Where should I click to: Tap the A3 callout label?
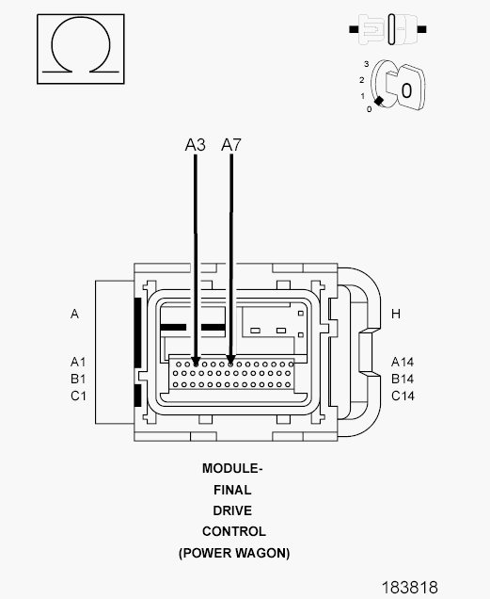click(x=195, y=145)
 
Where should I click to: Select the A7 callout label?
click(x=231, y=145)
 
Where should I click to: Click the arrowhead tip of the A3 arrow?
click(x=196, y=365)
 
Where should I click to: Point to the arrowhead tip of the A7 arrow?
click(x=230, y=364)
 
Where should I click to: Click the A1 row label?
click(x=78, y=362)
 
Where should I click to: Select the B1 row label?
click(x=78, y=379)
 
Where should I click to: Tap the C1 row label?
click(x=78, y=396)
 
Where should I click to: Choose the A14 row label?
click(x=403, y=362)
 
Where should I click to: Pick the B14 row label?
click(x=403, y=379)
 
